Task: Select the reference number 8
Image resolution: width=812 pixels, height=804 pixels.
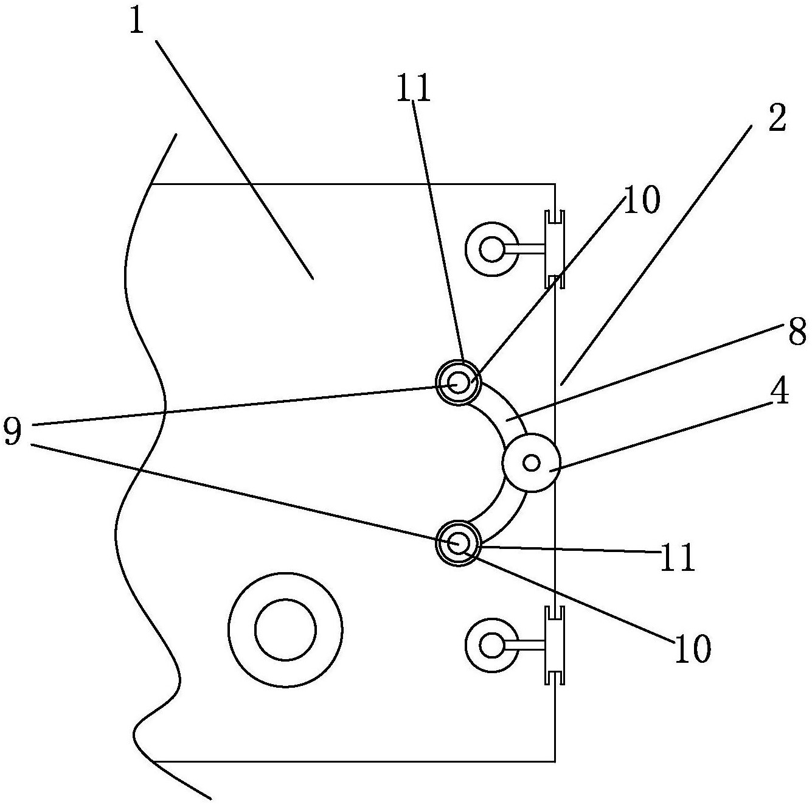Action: pyautogui.click(x=796, y=332)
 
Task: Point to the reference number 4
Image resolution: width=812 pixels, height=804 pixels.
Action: pyautogui.click(x=779, y=390)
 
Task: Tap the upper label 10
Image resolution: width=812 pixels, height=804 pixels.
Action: pyautogui.click(x=641, y=200)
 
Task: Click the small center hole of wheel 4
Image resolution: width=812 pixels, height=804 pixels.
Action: pyautogui.click(x=531, y=463)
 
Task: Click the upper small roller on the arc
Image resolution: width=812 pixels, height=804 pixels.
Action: pyautogui.click(x=458, y=383)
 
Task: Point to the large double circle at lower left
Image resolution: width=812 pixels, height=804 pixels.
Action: pyautogui.click(x=285, y=630)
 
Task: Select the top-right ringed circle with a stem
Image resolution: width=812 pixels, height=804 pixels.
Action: pyautogui.click(x=491, y=249)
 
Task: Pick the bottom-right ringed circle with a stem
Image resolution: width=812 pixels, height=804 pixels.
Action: pyautogui.click(x=491, y=645)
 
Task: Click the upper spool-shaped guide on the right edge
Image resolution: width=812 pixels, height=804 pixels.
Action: pyautogui.click(x=555, y=249)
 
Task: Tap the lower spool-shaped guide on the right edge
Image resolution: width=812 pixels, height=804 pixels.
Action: pyautogui.click(x=555, y=645)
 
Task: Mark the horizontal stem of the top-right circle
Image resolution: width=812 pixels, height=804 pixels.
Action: pyautogui.click(x=524, y=249)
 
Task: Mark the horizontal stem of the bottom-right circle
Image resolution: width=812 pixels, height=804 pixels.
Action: pyautogui.click(x=524, y=645)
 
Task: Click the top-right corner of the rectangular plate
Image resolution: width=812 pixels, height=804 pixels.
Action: pyautogui.click(x=555, y=184)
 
